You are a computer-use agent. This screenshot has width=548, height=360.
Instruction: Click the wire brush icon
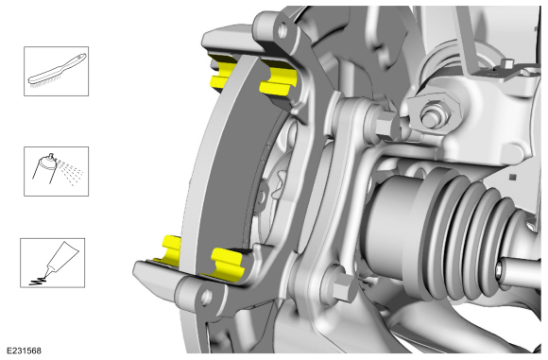[x=57, y=71]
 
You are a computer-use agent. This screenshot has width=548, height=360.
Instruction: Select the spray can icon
[x=57, y=171]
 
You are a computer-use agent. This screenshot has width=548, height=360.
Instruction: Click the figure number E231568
[x=24, y=351]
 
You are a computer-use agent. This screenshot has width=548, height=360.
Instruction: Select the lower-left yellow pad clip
[x=171, y=249]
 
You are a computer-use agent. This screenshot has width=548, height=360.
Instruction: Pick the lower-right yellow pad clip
[x=227, y=262]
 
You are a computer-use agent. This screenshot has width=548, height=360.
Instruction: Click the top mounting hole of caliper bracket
[x=283, y=30]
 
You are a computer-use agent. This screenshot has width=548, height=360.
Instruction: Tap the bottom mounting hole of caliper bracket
[x=207, y=297]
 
